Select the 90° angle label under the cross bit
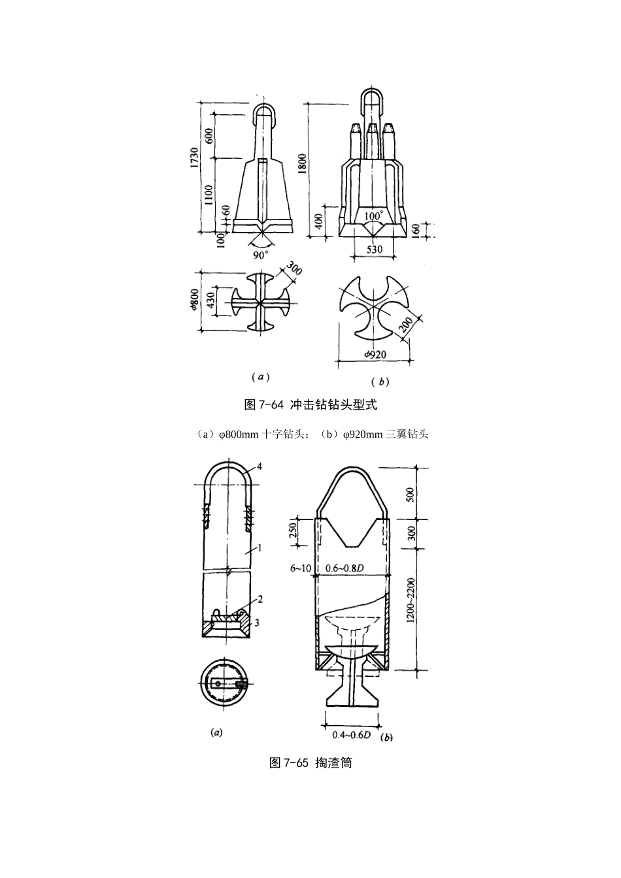[x=261, y=255]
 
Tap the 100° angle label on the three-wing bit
[x=373, y=215]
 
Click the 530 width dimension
[x=375, y=250]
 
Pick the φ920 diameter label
[x=375, y=355]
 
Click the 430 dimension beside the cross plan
[x=210, y=301]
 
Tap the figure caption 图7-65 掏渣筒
[x=310, y=762]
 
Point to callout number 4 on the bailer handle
[x=259, y=466]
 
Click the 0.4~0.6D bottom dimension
[x=352, y=735]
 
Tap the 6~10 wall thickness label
[x=301, y=568]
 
